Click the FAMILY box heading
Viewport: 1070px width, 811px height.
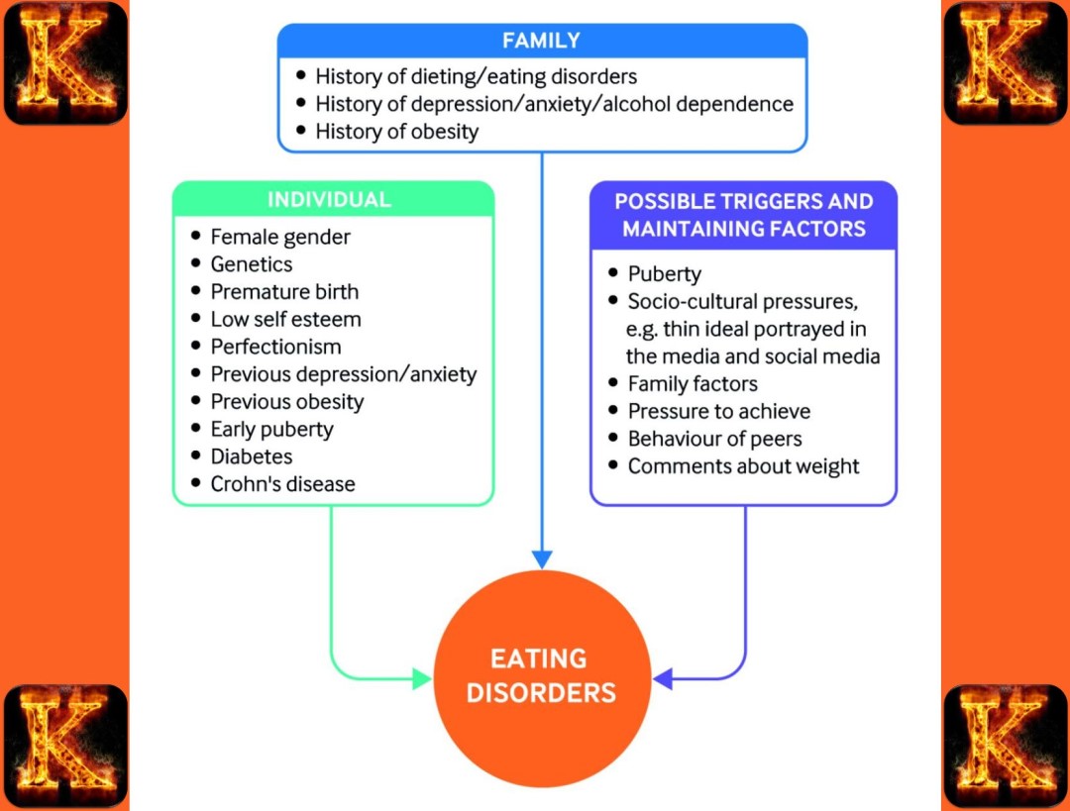tap(541, 41)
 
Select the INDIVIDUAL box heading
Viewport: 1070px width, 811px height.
tap(329, 199)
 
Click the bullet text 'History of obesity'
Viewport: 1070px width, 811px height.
tap(396, 132)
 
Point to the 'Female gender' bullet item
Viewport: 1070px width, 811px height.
tap(280, 237)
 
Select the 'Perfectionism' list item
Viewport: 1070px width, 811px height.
tap(275, 347)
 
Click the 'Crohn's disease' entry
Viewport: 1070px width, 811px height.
tap(282, 484)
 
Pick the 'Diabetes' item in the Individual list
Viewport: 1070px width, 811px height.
tap(252, 456)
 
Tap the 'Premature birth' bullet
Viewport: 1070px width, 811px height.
tap(284, 292)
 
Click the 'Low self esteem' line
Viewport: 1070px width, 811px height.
tap(285, 319)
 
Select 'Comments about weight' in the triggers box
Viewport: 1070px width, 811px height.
tap(743, 466)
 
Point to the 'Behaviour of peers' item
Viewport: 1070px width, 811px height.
tap(714, 439)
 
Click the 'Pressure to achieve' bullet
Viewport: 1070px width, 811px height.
tap(718, 411)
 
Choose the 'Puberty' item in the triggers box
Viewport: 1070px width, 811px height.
tap(664, 274)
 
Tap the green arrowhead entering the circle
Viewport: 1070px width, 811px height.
tap(422, 678)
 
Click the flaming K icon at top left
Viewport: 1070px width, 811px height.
tap(65, 62)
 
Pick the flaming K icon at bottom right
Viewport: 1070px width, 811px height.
tap(1005, 746)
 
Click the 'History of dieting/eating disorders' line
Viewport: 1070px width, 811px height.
tap(476, 76)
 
